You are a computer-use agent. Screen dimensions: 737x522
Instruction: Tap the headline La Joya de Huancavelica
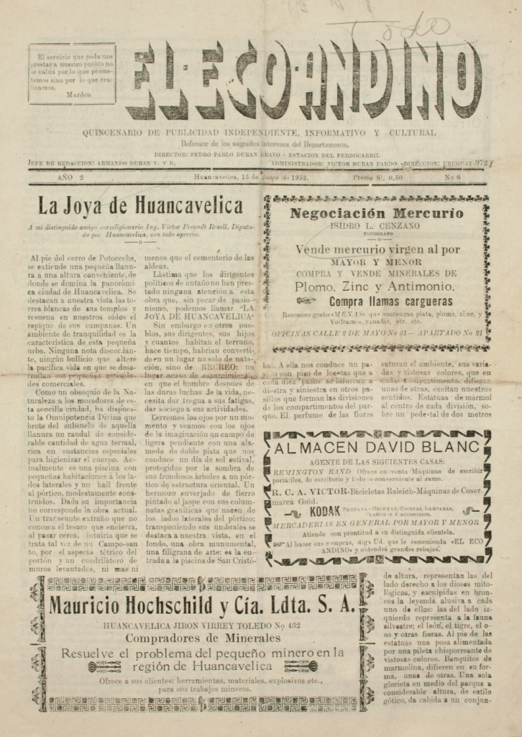(x=140, y=206)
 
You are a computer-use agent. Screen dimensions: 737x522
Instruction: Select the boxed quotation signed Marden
(x=72, y=75)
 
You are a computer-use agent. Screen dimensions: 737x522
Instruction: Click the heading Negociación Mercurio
(x=376, y=213)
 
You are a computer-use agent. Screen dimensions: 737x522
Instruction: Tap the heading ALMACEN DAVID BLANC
(x=377, y=448)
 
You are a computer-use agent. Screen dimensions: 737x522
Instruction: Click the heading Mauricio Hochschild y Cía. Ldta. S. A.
(x=202, y=605)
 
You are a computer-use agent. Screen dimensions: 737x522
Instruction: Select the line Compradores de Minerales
(x=202, y=638)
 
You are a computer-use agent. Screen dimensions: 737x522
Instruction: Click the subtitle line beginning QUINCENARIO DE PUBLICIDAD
(x=259, y=133)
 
